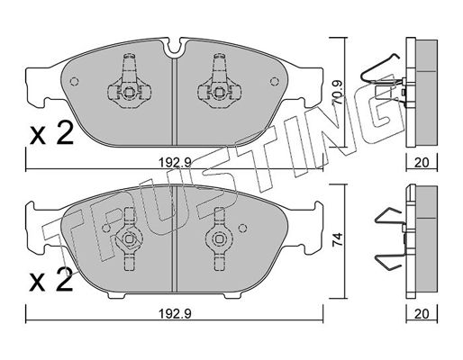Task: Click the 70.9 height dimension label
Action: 338,93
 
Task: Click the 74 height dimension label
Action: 338,239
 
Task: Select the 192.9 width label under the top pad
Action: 175,163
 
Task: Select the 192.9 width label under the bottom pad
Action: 175,314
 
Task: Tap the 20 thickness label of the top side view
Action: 422,163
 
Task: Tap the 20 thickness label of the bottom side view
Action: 422,314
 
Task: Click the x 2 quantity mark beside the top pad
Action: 51,133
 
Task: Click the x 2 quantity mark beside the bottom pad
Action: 51,280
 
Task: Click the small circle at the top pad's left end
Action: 74,81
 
